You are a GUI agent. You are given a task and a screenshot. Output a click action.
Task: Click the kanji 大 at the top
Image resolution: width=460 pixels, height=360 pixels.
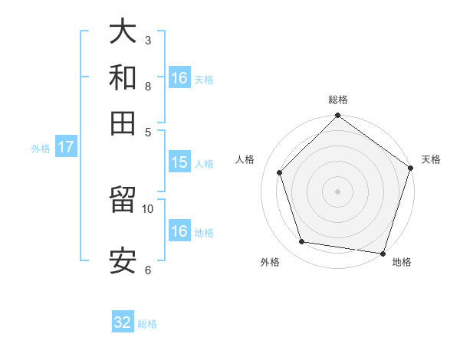click(123, 32)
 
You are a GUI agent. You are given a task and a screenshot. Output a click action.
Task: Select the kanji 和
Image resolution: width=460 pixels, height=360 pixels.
click(123, 77)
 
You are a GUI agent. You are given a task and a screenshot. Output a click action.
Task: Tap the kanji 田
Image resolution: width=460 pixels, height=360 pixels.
click(123, 123)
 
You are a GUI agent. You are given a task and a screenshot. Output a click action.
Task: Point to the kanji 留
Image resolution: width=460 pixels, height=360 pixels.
click(123, 201)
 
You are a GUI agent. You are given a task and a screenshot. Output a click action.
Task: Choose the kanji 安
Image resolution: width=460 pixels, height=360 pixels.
click(123, 260)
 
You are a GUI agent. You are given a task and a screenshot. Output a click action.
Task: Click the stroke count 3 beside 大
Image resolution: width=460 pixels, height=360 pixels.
click(147, 40)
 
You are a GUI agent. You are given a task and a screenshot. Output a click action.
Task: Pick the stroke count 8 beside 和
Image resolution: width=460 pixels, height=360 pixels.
click(147, 86)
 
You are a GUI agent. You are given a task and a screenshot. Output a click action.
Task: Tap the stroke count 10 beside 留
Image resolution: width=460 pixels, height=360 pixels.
click(148, 208)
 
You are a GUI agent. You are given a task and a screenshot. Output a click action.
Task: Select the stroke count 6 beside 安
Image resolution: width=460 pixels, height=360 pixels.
click(147, 270)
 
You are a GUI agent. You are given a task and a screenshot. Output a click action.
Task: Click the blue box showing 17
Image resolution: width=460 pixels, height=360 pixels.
click(65, 148)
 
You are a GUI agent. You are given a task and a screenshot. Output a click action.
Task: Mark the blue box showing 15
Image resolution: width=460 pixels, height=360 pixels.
click(179, 162)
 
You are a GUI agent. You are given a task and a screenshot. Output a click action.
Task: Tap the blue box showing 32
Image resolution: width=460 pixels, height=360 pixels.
click(123, 322)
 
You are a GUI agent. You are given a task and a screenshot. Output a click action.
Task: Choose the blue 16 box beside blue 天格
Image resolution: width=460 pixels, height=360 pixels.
click(179, 78)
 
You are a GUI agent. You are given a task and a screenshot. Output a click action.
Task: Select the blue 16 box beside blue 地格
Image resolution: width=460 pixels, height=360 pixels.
click(179, 231)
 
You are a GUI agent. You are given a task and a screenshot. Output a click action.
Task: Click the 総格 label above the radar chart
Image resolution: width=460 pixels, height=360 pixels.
click(338, 100)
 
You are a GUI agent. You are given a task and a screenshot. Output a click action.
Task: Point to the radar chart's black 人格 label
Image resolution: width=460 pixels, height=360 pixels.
click(245, 159)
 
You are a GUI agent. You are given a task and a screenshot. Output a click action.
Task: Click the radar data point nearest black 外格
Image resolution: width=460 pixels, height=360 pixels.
click(302, 242)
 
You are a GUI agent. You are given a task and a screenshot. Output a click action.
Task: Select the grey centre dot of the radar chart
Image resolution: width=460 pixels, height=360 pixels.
click(337, 191)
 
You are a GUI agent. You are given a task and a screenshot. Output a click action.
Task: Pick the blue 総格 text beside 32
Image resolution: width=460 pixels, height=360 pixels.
click(147, 324)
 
